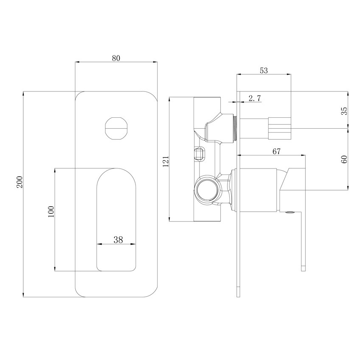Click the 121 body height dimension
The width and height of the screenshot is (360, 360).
166,161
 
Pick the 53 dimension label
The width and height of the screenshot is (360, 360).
263,71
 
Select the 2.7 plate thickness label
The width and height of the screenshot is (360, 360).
255,98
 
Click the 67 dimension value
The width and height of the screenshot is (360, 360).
277,152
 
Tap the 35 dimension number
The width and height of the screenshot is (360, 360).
344,111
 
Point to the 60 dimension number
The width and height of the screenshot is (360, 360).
344,159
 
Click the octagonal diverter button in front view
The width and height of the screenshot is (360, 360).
116,127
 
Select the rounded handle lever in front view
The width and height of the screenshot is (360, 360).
117,220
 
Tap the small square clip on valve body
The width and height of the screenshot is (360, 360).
199,153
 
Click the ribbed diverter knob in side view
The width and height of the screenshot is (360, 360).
280,127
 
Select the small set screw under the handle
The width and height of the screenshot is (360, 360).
291,213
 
